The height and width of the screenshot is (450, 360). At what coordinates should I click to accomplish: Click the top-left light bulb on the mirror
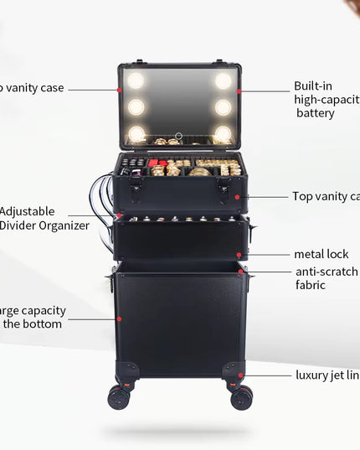(136, 80)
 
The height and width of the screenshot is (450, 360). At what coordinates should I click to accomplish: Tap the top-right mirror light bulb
(223, 80)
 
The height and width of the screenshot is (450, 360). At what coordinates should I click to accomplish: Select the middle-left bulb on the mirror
(136, 107)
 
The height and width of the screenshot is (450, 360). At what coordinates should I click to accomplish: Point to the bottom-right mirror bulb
(223, 133)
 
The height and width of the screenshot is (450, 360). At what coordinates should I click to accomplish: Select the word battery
(316, 113)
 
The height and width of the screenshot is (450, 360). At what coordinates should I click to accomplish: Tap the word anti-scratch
(327, 272)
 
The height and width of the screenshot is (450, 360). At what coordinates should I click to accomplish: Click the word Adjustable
(28, 211)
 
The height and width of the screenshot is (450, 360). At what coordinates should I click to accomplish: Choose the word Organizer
(61, 225)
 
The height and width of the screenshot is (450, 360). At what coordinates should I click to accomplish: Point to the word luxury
(315, 375)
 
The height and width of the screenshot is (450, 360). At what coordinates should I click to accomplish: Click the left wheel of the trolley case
(120, 396)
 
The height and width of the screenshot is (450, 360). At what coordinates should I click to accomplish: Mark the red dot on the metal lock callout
(239, 254)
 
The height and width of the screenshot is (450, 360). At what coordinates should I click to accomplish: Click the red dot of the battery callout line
(239, 91)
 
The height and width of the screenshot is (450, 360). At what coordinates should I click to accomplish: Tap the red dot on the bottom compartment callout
(119, 318)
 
